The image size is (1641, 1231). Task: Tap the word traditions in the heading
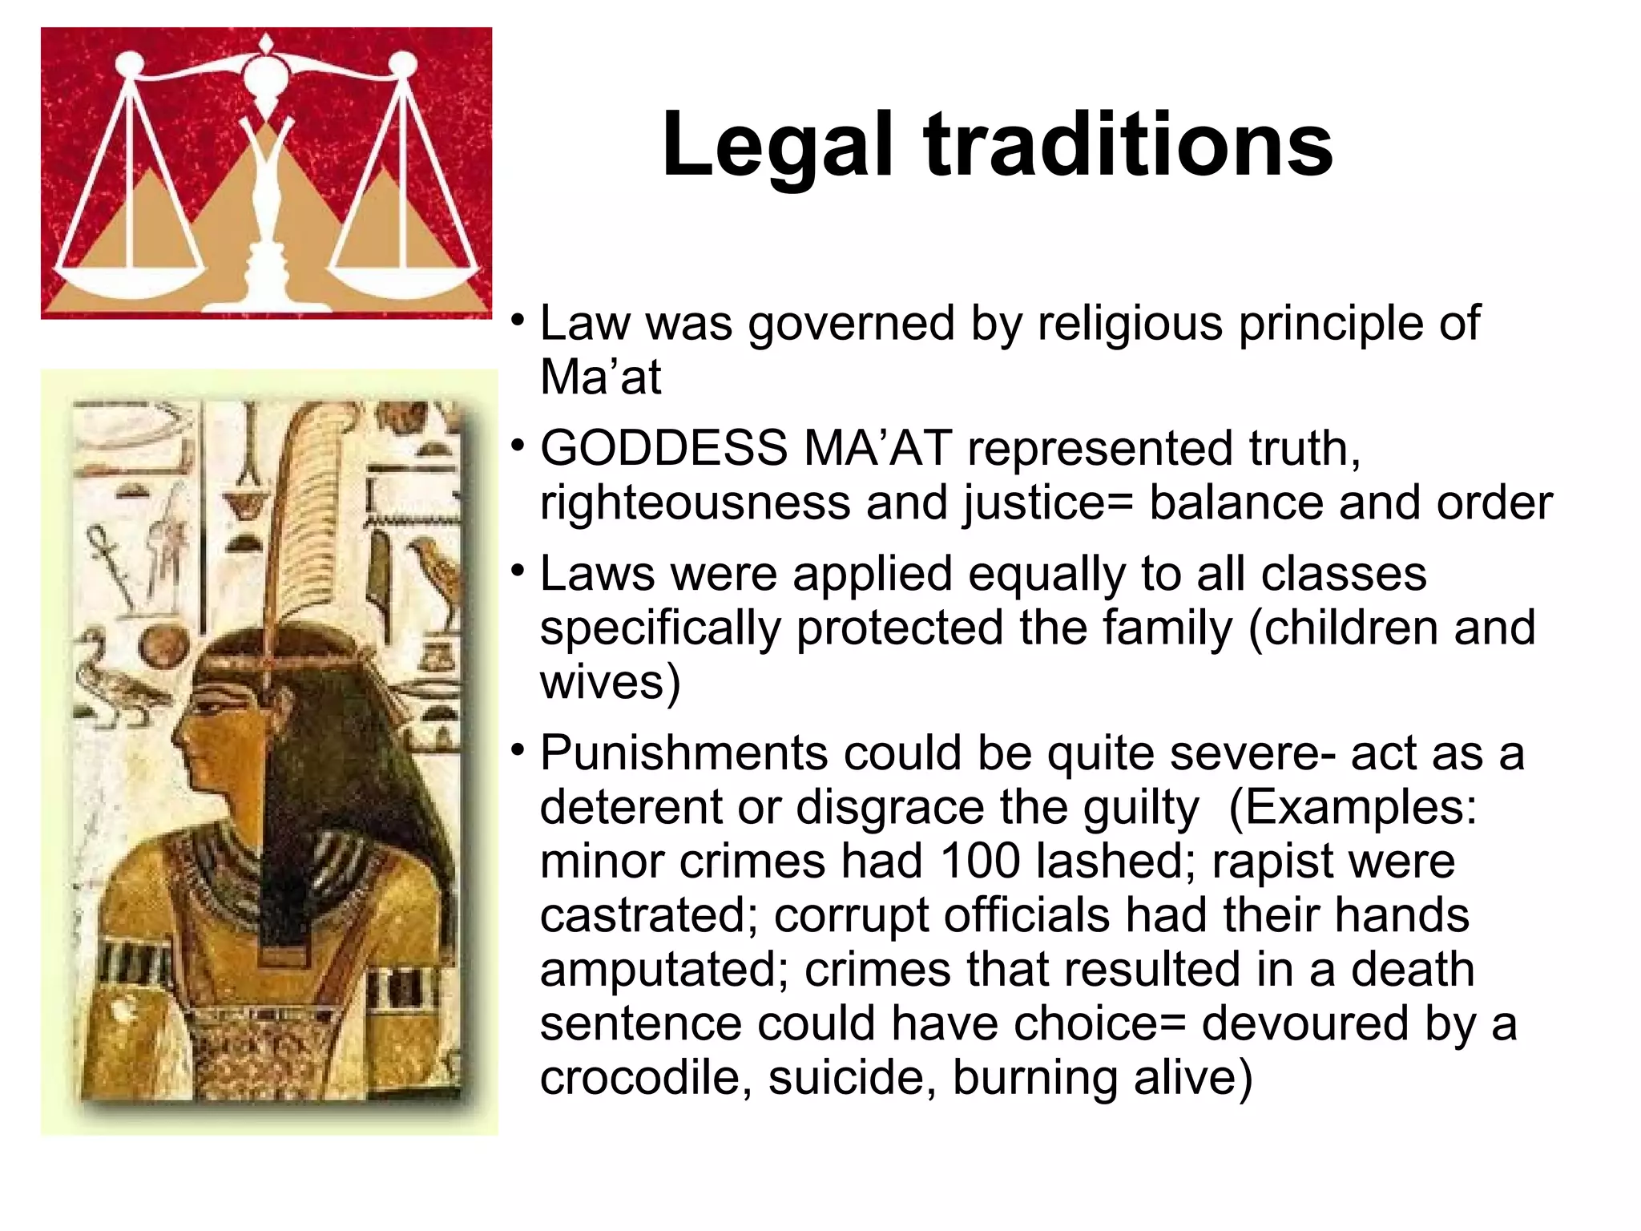pyautogui.click(x=1129, y=145)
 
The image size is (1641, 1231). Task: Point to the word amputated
pyautogui.click(x=664, y=971)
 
